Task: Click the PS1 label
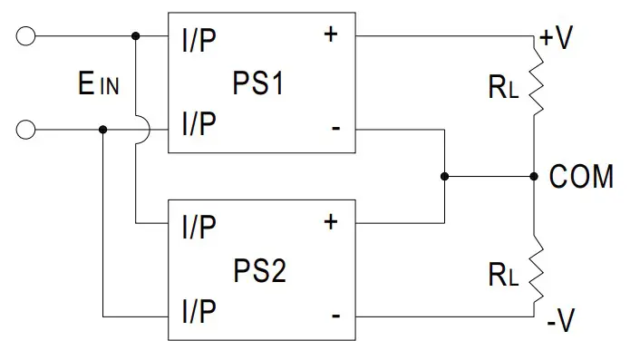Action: tap(259, 88)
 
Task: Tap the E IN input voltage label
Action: tap(97, 86)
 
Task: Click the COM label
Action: tap(581, 178)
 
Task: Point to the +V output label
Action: tap(556, 39)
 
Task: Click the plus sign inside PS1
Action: tap(330, 35)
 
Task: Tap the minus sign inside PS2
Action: tap(335, 316)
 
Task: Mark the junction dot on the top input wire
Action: tap(136, 37)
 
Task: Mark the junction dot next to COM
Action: tap(534, 177)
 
